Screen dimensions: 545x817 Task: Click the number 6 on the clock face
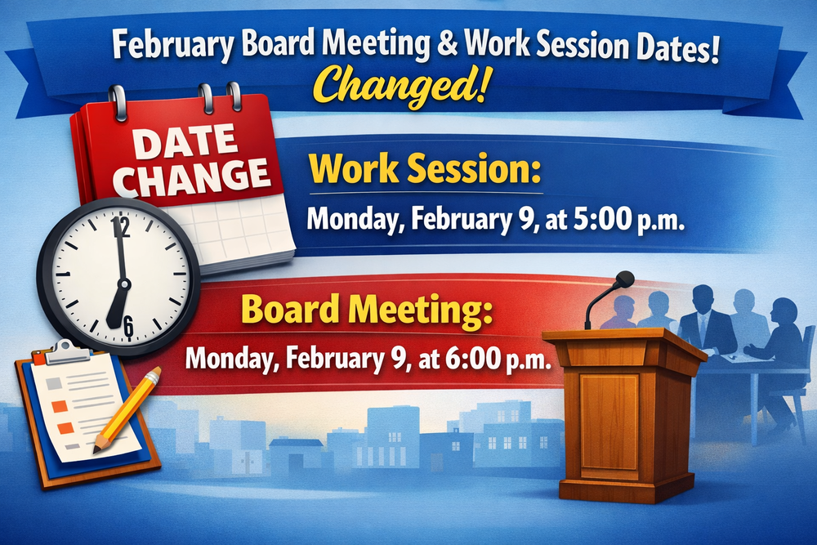(x=127, y=328)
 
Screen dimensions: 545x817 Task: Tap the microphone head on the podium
(x=624, y=279)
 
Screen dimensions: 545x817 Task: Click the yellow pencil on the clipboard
(x=127, y=409)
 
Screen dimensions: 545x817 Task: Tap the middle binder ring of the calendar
(x=204, y=97)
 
